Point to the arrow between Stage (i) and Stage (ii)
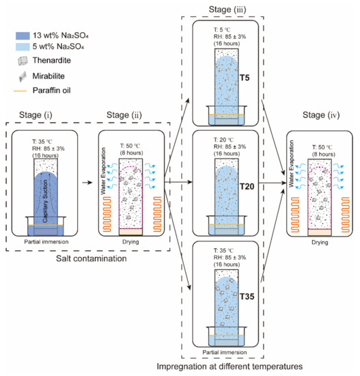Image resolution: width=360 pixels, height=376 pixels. pyautogui.click(x=87, y=184)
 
